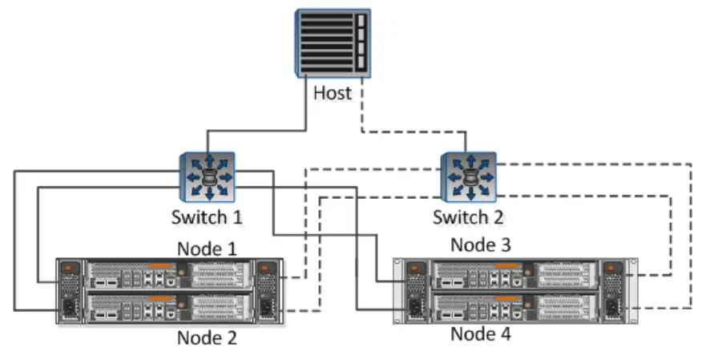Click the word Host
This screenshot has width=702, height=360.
coord(333,93)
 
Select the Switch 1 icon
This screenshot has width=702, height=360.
coord(207,177)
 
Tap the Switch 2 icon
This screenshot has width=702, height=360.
coord(469,177)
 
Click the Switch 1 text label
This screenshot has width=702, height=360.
coord(207,216)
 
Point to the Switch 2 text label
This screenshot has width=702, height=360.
coord(469,216)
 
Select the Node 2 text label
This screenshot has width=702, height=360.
coord(207,338)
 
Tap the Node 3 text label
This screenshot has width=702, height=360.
coord(481,244)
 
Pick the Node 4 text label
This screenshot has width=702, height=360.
coord(481,334)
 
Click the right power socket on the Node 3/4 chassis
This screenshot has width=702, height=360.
coord(613,308)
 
